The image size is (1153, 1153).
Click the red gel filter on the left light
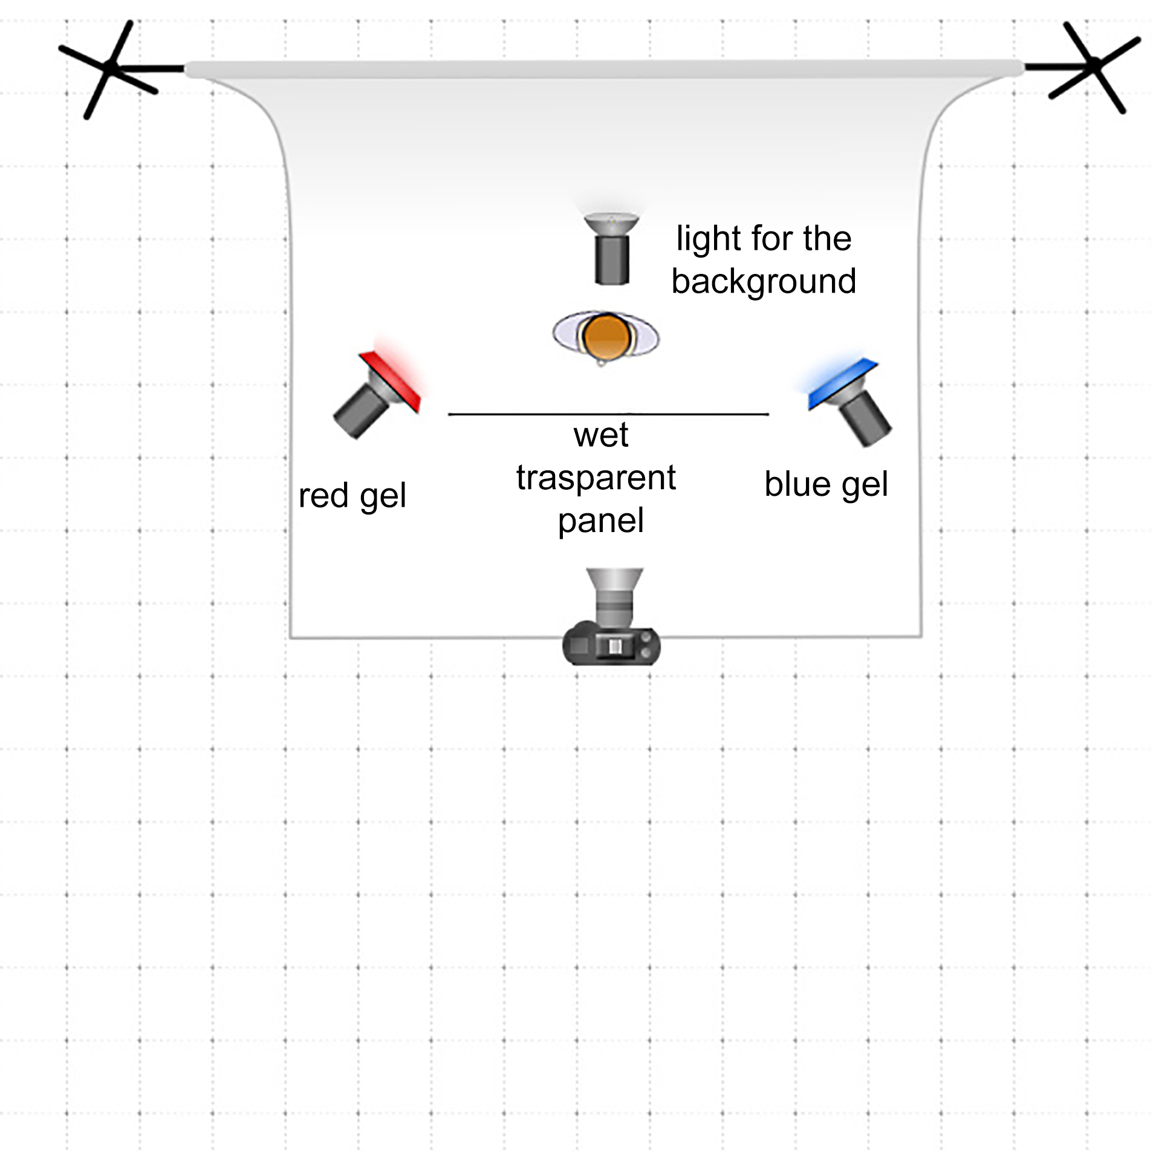(389, 382)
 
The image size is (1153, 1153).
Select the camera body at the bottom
(611, 646)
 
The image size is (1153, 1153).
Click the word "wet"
(601, 435)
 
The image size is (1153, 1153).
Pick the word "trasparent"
(596, 478)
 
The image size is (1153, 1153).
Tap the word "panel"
(600, 521)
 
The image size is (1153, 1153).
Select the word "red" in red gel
(324, 496)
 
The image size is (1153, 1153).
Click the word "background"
(763, 281)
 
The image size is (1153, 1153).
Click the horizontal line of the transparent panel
(608, 414)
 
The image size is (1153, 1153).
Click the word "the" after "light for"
(827, 238)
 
